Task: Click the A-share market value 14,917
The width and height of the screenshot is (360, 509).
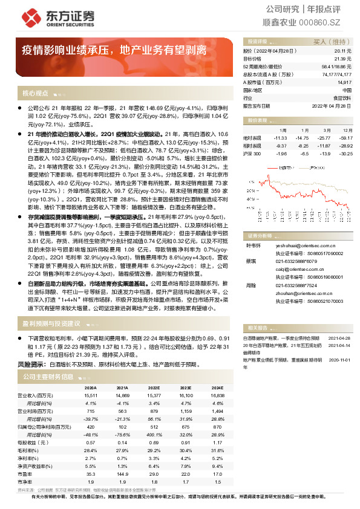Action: point(344,82)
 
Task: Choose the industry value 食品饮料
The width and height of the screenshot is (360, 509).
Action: point(342,97)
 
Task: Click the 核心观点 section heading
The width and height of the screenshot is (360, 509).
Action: point(35,94)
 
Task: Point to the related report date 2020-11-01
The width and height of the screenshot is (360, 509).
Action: point(339,358)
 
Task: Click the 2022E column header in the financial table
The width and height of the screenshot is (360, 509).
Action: point(153,387)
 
